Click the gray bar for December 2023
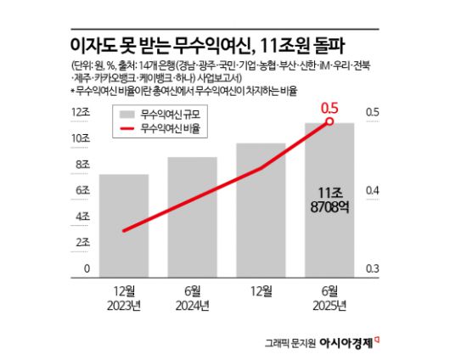tap(124, 225)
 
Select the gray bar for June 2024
tap(192, 217)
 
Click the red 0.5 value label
tap(329, 108)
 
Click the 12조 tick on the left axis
tap(82, 112)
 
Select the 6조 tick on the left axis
tap(83, 191)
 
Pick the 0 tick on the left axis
tap(87, 269)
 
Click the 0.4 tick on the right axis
tap(373, 191)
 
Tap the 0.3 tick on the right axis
tap(373, 269)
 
